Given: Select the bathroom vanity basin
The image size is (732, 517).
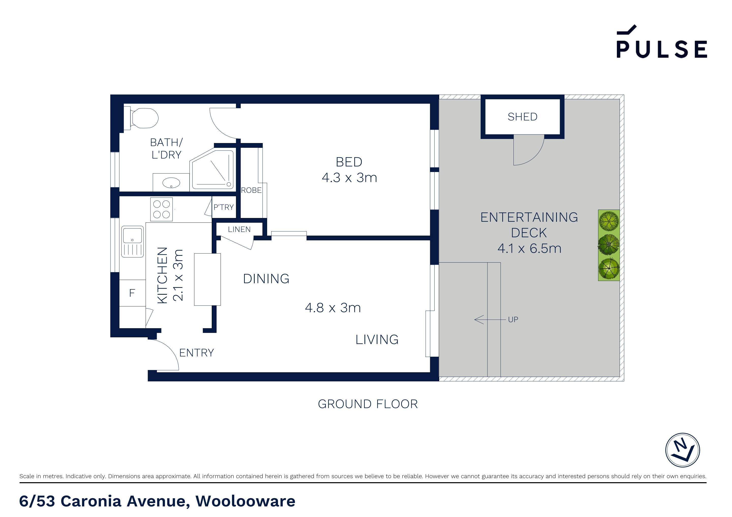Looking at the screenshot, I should click(x=171, y=183).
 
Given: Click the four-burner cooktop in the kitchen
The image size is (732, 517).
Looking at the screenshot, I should click(x=161, y=209).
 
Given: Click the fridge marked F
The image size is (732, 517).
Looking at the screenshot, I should click(x=132, y=293).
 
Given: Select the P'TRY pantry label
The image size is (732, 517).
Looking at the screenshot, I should click(x=223, y=207).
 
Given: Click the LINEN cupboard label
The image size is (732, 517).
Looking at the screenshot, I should click(x=239, y=229).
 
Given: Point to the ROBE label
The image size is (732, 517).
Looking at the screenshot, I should click(x=251, y=190).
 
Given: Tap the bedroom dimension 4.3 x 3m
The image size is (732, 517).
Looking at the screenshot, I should click(x=349, y=178).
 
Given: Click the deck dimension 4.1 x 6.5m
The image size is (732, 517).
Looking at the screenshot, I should click(x=529, y=248).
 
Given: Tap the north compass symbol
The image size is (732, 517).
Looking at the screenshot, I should click(x=683, y=450).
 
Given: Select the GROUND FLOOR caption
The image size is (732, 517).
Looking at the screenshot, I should click(x=368, y=404).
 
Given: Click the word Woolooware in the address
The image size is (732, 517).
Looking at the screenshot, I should click(x=245, y=501).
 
